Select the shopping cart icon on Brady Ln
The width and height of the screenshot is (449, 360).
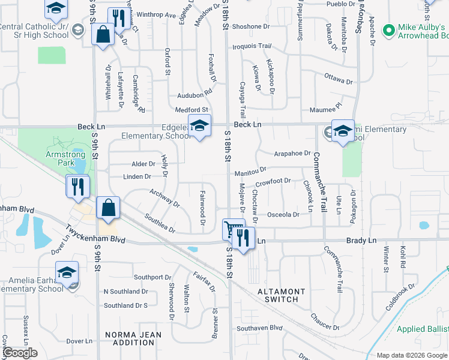pos(231,229)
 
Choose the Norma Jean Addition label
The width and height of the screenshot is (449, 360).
pos(130,338)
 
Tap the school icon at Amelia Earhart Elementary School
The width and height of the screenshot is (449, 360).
pos(67,272)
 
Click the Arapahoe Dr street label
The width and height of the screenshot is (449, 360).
pos(292,154)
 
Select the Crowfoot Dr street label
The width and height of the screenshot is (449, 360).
pos(273,181)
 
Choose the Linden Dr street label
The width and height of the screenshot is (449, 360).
pos(137,176)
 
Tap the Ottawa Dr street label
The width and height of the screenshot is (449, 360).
pos(339,79)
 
